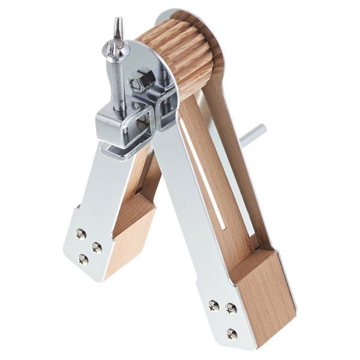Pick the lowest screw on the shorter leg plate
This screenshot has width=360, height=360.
point(83,259)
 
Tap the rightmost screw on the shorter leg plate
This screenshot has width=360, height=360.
point(97,247)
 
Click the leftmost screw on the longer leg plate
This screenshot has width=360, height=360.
point(213,305)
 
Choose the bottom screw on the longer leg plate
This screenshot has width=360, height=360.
point(232,334)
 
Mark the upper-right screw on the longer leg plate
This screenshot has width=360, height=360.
point(231,308)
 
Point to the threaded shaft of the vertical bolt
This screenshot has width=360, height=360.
point(119,84)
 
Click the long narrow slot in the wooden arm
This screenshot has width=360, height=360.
point(207,180)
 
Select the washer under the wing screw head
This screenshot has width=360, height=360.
point(116,49)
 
